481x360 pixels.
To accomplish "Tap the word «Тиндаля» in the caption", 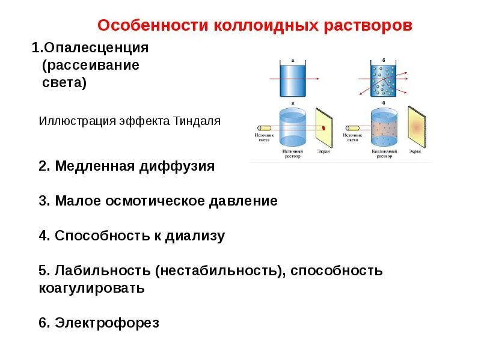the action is point(200,121).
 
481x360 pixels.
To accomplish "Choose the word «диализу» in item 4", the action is point(199,236).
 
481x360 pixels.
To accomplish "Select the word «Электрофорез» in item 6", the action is point(107,323).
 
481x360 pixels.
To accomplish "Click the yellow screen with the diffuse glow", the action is point(416,127).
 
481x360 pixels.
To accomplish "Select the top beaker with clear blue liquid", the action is point(293,79).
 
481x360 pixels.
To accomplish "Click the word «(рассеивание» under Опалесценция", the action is point(90,65).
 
